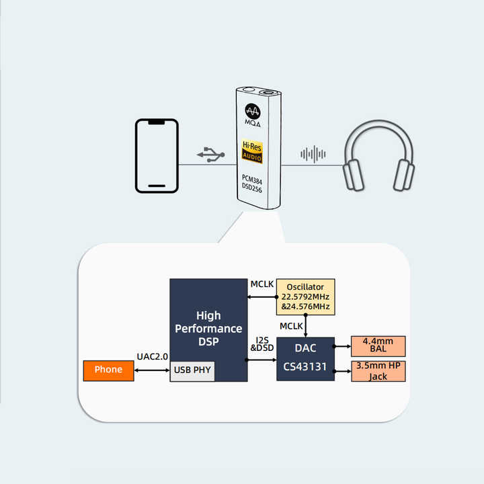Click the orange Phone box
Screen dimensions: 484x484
pos(108,370)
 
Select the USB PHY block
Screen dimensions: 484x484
pos(192,371)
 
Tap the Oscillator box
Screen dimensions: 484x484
pos(305,296)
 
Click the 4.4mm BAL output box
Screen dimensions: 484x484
pos(378,346)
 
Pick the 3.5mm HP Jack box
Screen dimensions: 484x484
pos(378,371)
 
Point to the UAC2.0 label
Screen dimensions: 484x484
pos(152,356)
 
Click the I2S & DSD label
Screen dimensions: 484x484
pos(262,344)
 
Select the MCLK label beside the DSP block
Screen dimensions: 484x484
pos(261,284)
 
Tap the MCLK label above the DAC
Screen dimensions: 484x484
pos(291,326)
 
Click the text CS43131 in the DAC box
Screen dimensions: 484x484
pos(305,367)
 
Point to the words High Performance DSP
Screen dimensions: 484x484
pos(208,329)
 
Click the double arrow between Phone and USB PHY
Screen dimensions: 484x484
pos(152,370)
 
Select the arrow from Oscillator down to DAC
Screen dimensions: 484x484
pos(306,326)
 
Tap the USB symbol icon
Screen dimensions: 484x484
pos(211,155)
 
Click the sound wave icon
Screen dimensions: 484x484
pos(313,154)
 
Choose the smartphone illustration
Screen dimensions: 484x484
pos(157,156)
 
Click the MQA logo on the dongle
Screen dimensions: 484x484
pos(253,115)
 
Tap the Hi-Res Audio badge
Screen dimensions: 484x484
pos(252,151)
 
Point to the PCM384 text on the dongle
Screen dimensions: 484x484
pos(252,179)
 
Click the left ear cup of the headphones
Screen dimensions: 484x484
pos(354,175)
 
